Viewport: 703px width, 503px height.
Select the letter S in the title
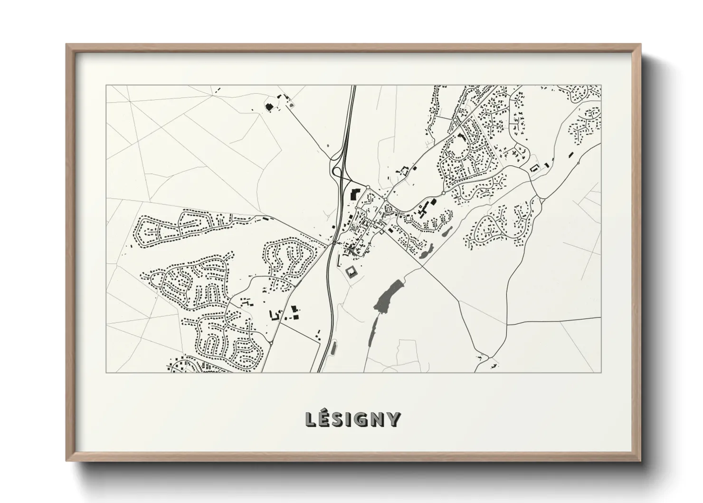(x=339, y=419)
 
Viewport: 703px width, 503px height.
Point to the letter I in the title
(x=350, y=419)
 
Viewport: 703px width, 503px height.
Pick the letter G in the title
(x=362, y=419)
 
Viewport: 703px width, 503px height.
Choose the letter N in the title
(x=378, y=419)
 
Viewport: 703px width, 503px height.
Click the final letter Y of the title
(x=394, y=419)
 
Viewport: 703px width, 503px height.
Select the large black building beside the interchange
(x=354, y=195)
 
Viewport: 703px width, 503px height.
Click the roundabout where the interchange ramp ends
(x=367, y=187)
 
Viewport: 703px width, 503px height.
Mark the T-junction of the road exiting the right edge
(x=507, y=325)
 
